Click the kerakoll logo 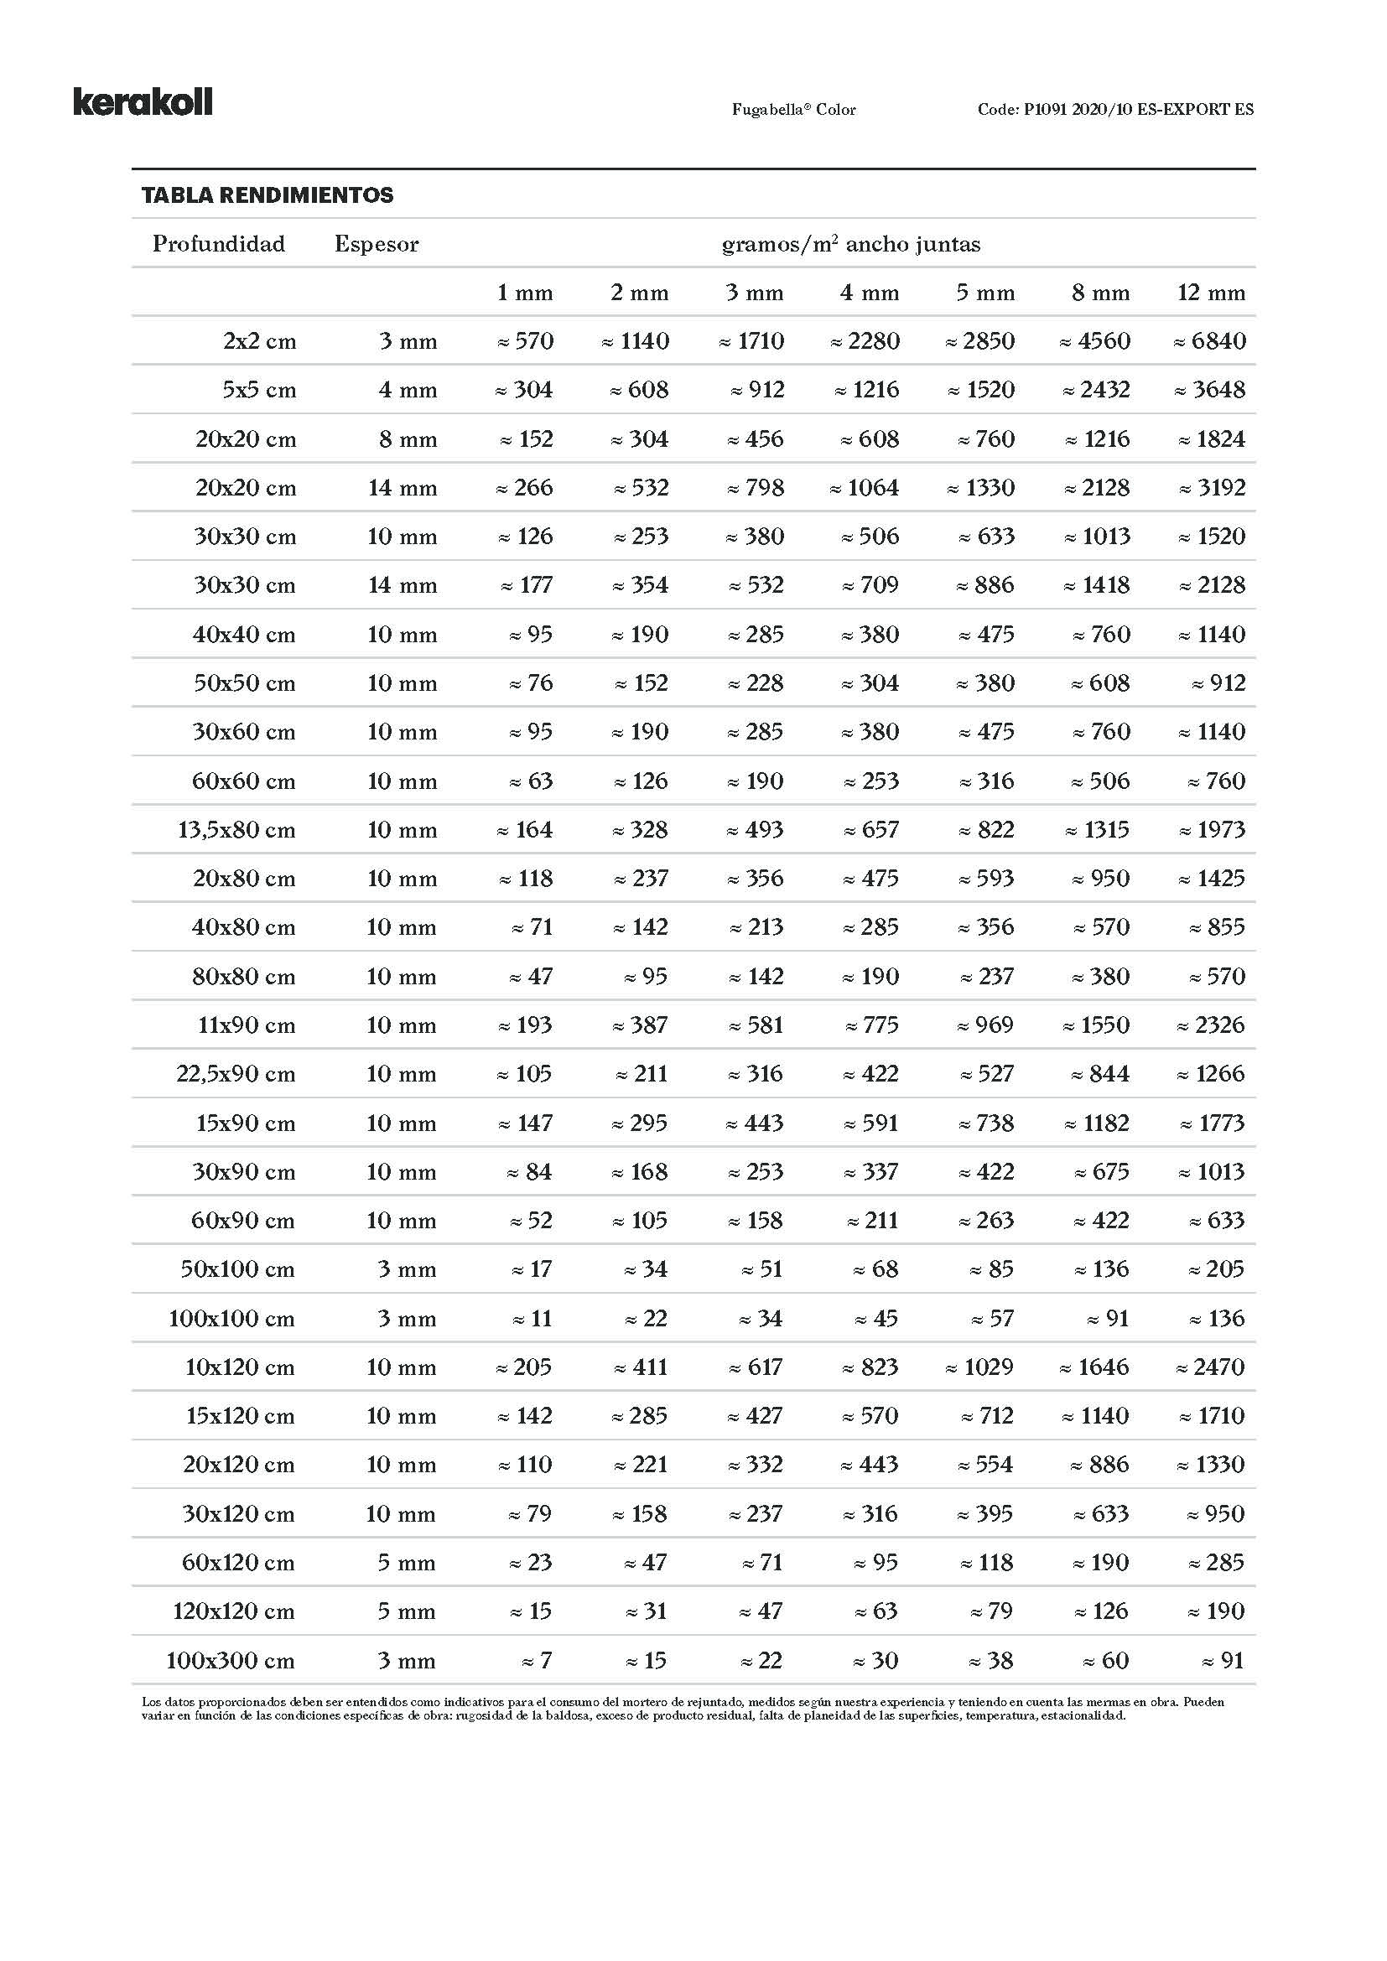coord(143,101)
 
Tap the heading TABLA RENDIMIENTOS coord(268,195)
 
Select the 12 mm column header coord(1210,293)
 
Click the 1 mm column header coord(524,293)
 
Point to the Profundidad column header coord(219,244)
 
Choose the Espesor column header coord(377,244)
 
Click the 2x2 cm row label coord(260,341)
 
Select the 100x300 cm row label coord(231,1661)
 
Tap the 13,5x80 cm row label coord(236,830)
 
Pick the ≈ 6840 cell coord(1208,341)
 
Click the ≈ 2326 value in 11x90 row coord(1210,1025)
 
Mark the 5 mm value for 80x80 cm coord(986,976)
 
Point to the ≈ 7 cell coord(538,1661)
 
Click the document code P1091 coord(1115,109)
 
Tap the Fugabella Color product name coord(793,109)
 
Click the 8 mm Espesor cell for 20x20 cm coord(408,440)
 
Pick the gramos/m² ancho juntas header coord(850,244)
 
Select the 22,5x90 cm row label coord(236,1075)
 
